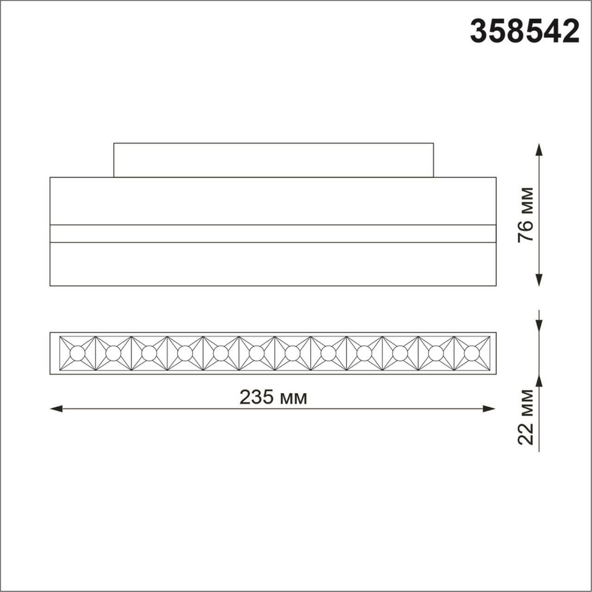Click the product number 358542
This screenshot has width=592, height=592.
tap(525, 31)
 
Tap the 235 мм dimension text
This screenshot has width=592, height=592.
tap(274, 398)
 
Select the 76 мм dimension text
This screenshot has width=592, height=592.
tap(527, 214)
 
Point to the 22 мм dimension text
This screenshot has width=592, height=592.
tap(527, 417)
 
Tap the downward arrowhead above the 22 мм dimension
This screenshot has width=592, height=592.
tap(539, 327)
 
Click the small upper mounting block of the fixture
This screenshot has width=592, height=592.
tap(274, 160)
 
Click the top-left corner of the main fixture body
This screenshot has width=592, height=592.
tap(50, 177)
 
